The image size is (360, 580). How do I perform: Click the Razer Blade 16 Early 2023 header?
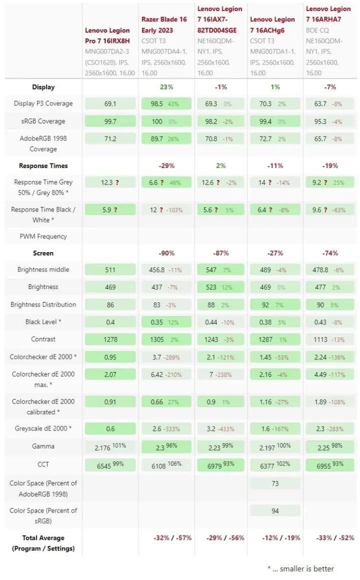164,24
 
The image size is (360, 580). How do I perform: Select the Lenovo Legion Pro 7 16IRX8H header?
107,35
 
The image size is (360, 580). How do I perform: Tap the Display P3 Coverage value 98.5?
156,103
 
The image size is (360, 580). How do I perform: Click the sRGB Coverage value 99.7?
110,121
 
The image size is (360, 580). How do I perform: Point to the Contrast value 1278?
110,339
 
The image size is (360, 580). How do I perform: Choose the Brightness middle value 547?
211,269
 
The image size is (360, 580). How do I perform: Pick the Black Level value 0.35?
157,322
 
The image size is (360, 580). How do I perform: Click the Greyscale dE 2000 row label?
43,428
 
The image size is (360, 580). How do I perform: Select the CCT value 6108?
159,465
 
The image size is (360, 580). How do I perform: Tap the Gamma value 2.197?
268,447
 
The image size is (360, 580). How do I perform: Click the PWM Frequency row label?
43,236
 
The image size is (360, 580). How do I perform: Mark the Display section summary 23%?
166,87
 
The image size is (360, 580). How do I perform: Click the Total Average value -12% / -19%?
275,538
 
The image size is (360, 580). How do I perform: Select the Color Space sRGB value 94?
275,510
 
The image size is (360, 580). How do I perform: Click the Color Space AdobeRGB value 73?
275,483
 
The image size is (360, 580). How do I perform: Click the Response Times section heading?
43,165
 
